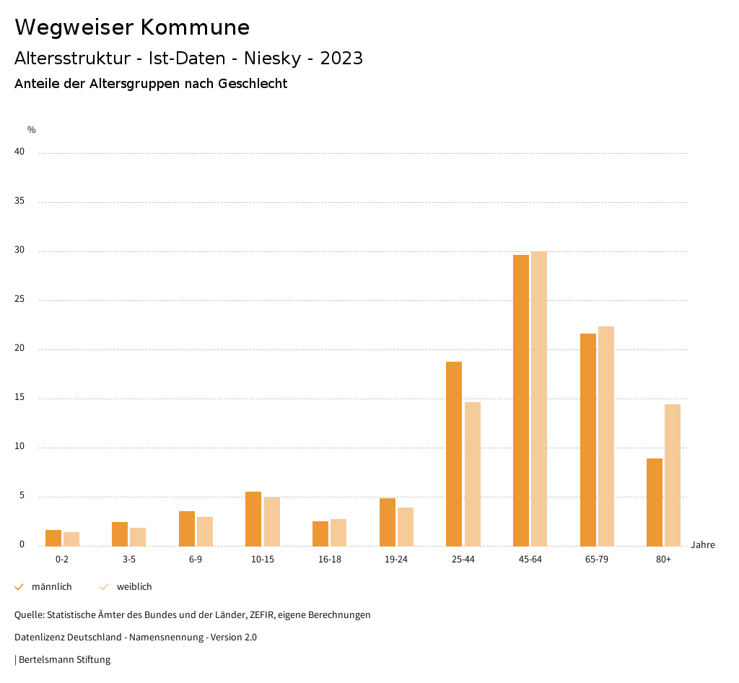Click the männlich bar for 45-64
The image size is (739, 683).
(521, 400)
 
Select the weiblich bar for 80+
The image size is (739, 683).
(673, 475)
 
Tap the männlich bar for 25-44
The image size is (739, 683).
(454, 453)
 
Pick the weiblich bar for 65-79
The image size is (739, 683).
(606, 436)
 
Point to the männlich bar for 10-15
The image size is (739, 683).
(253, 518)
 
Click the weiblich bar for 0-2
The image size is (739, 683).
(71, 539)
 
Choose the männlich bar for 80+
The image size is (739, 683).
(655, 502)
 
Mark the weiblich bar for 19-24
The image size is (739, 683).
(406, 526)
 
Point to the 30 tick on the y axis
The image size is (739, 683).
(19, 251)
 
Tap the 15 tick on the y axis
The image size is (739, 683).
(19, 398)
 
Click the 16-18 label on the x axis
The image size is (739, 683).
(330, 560)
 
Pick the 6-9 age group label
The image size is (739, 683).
(196, 560)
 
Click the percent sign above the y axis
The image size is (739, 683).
(32, 130)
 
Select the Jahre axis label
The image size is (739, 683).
(703, 545)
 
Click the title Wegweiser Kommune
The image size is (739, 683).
(132, 27)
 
